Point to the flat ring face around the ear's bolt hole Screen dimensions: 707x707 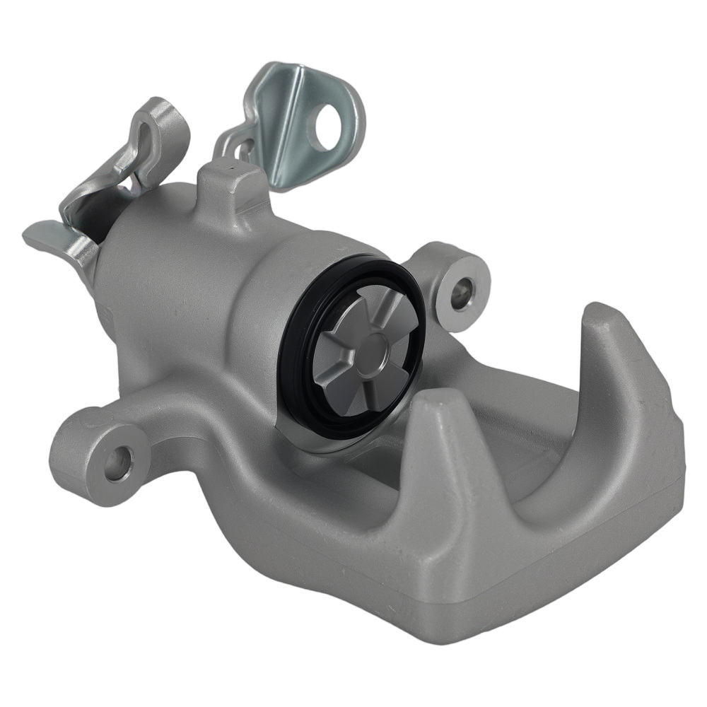(x=452, y=272)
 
